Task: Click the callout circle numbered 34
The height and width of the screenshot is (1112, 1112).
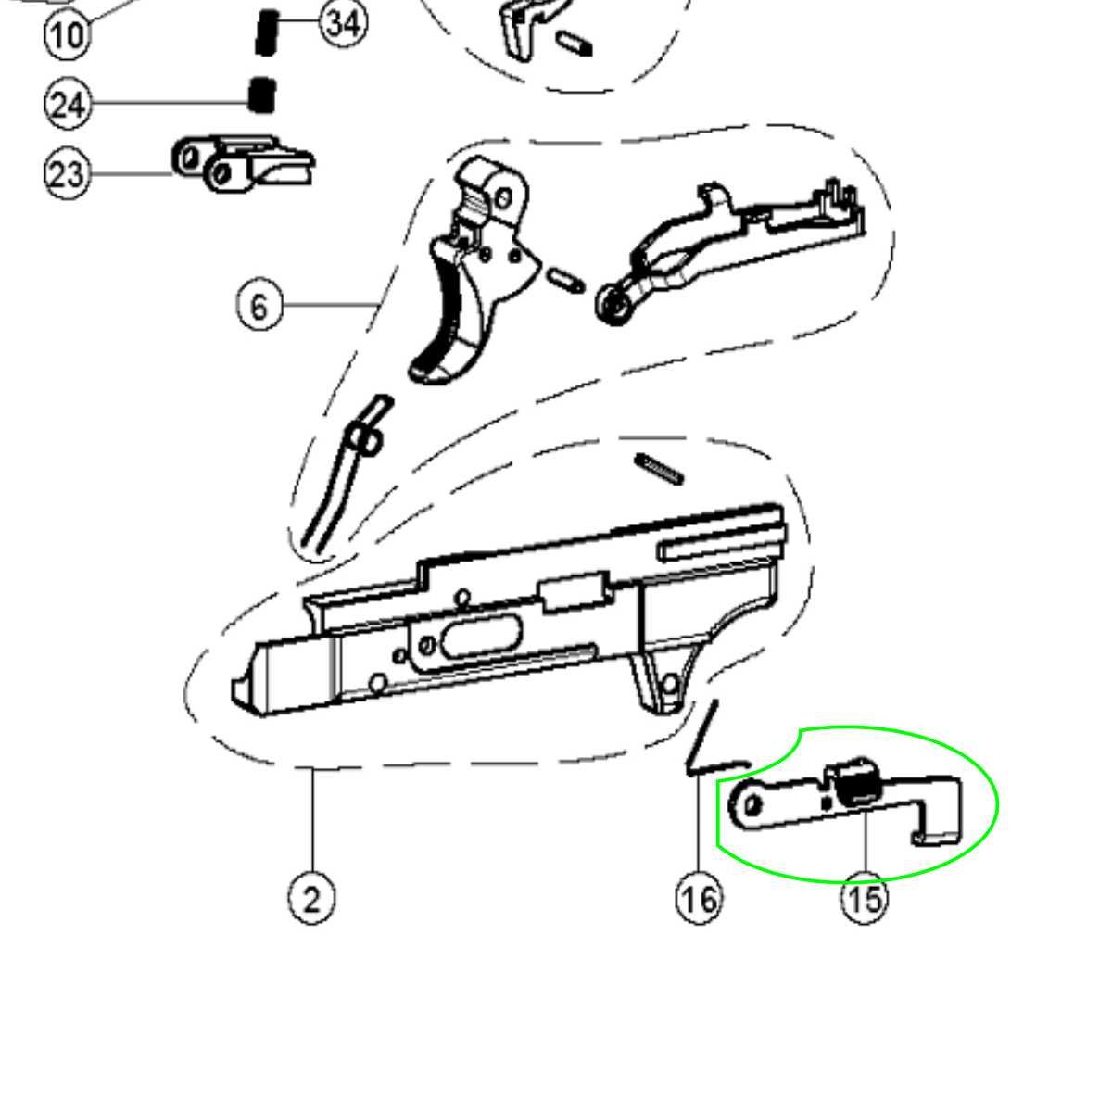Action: (x=344, y=24)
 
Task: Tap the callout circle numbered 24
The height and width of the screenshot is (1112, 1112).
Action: (x=68, y=105)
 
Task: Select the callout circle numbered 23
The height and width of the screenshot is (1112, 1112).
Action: (x=68, y=173)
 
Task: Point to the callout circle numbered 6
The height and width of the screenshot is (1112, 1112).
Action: (x=259, y=306)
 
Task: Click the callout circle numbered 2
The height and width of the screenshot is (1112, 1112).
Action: (x=311, y=899)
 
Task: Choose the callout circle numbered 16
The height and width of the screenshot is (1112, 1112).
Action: (x=700, y=899)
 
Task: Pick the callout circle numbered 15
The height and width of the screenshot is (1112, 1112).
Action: (x=865, y=899)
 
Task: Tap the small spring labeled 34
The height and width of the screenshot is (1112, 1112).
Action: (x=267, y=32)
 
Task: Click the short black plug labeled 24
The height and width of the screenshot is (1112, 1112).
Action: (x=261, y=95)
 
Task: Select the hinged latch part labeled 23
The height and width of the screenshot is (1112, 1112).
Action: (x=243, y=164)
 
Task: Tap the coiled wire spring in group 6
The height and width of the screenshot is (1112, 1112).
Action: (x=347, y=474)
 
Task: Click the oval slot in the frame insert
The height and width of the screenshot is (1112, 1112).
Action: (x=482, y=636)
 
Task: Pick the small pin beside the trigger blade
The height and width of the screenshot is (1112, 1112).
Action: (x=565, y=280)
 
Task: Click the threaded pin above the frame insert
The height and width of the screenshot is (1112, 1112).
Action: (x=660, y=468)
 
